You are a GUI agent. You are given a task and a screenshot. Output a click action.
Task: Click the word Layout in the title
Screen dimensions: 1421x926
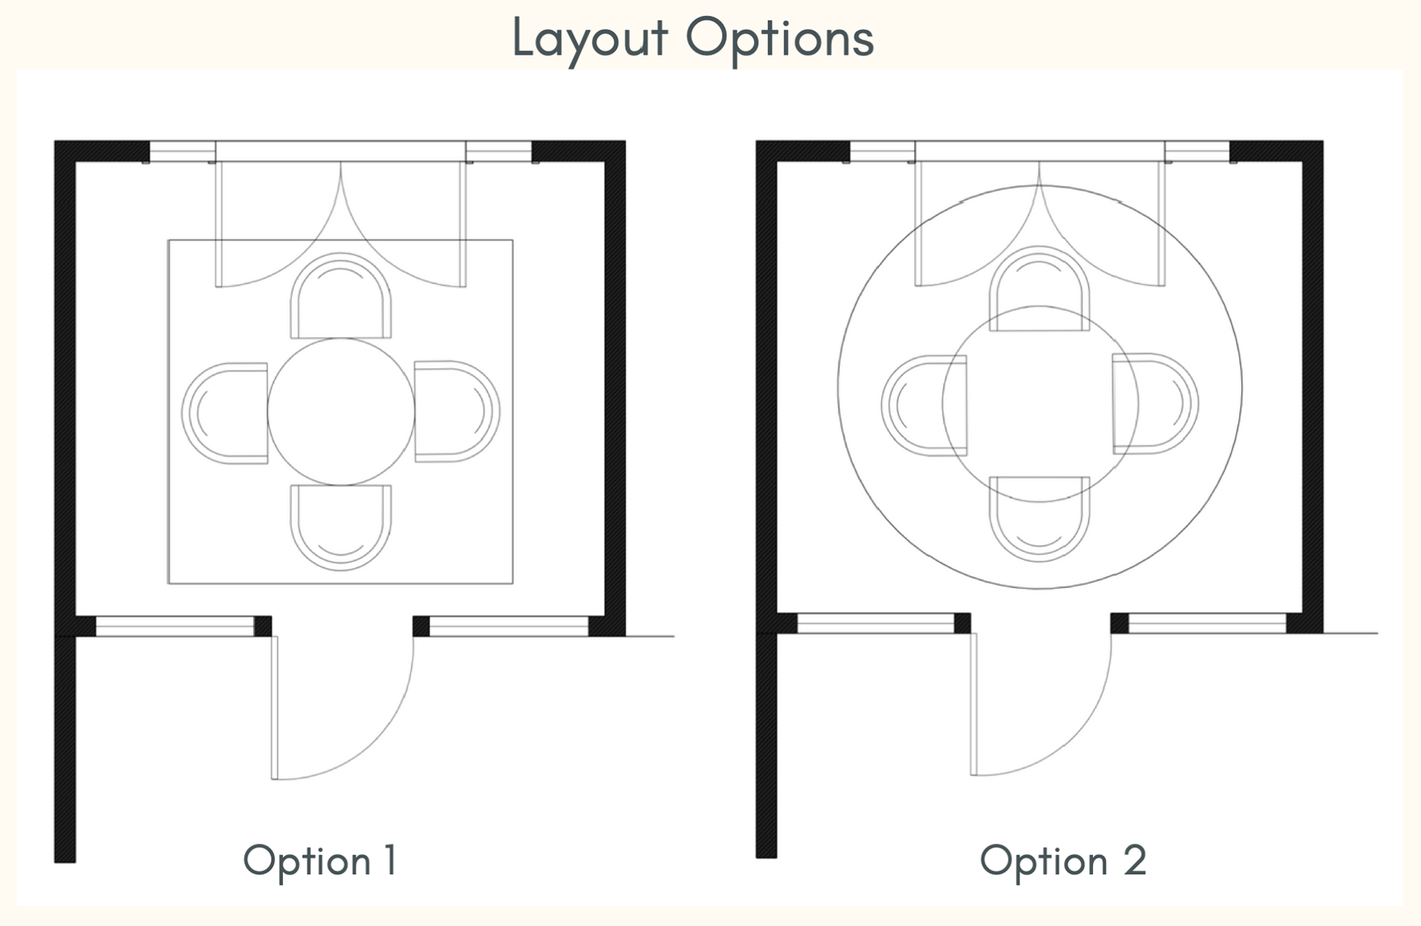[x=589, y=38]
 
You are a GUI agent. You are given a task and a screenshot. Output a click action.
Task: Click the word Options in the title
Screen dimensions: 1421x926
[x=779, y=38]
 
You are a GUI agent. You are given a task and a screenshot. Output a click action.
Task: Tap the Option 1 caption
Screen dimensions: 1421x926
[x=320, y=860]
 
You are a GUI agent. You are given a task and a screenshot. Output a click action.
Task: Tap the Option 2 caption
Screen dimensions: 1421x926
[x=1063, y=860]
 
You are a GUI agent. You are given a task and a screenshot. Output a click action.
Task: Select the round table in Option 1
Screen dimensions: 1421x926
[x=340, y=412]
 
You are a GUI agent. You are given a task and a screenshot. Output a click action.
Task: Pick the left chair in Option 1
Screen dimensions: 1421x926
[x=225, y=413]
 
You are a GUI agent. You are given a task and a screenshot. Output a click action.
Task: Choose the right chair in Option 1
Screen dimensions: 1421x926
[x=457, y=412]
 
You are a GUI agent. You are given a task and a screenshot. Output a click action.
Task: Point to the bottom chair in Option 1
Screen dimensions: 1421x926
[x=340, y=527]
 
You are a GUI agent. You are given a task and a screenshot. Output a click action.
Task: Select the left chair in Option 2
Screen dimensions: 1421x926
[x=924, y=405]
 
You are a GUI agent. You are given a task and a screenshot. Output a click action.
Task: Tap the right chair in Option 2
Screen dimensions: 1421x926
[x=1155, y=404]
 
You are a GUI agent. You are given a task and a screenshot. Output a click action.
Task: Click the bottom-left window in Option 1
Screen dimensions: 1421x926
[x=175, y=626]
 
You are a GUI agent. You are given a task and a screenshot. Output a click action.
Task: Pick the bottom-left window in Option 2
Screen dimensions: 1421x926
[x=876, y=623]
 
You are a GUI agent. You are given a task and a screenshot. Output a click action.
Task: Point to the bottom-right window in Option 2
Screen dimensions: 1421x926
[x=1207, y=623]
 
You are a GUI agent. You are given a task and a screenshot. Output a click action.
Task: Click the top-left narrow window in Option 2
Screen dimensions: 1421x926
[x=882, y=152]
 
